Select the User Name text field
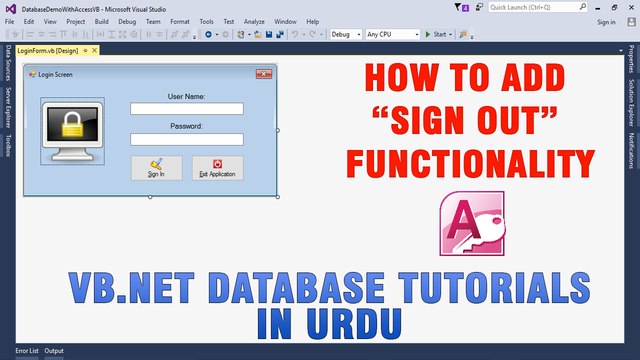click(187, 109)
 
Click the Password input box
click(187, 140)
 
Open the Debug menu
click(127, 21)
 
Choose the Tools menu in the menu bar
click(206, 21)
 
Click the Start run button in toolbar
click(436, 34)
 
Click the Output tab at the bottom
click(54, 351)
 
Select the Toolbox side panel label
click(9, 146)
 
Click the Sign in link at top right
click(606, 21)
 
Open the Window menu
click(285, 21)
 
